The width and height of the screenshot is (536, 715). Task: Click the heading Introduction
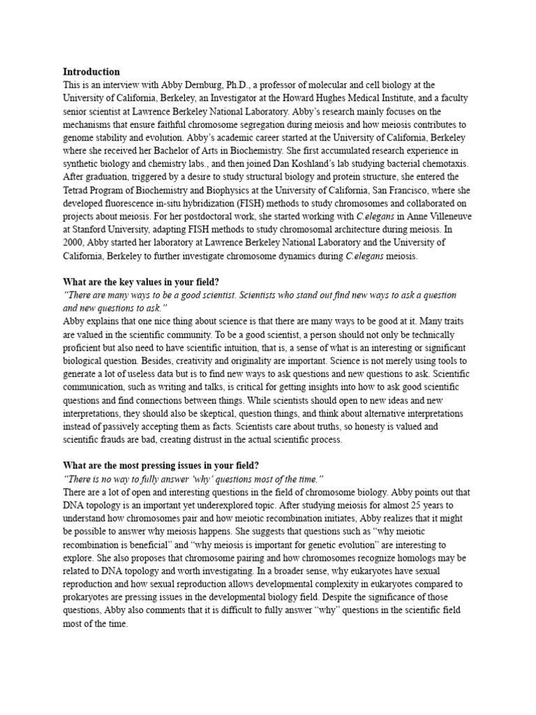pos(91,71)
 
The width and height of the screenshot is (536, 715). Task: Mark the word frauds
pos(117,440)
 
